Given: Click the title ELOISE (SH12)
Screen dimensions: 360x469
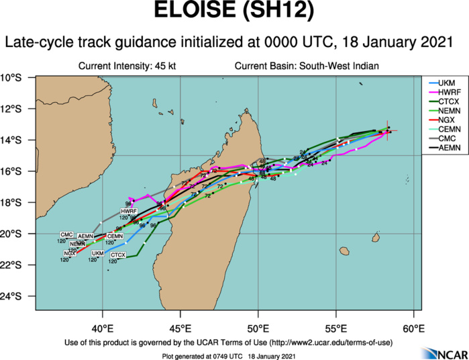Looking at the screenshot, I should click(234, 13).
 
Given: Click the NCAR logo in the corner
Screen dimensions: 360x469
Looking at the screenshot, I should click(439, 353).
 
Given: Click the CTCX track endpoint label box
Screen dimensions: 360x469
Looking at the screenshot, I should click(117, 255).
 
